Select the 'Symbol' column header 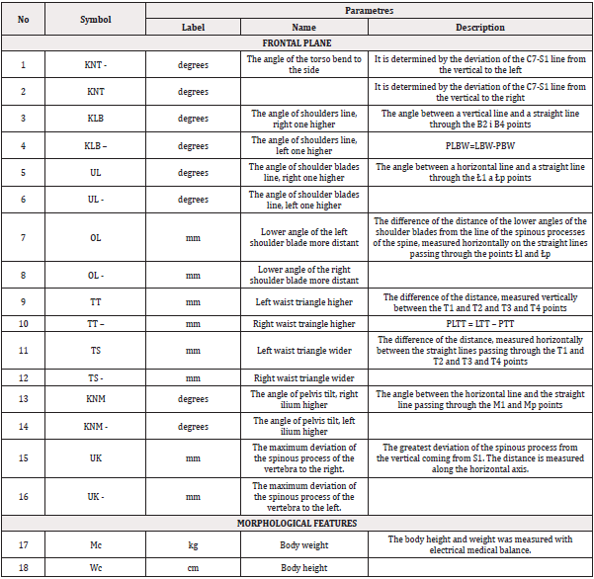[x=96, y=19]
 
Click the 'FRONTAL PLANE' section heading [x=297, y=43]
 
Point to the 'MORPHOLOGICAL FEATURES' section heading [x=297, y=523]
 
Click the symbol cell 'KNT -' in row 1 [x=96, y=64]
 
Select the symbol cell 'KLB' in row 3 [x=96, y=118]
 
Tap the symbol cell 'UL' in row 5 [x=96, y=171]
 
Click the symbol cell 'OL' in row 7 [x=96, y=237]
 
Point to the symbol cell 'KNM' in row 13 [x=96, y=399]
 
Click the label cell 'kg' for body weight [x=194, y=544]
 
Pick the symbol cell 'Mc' [x=96, y=544]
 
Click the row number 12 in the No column [x=24, y=378]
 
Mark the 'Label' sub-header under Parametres [x=194, y=28]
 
